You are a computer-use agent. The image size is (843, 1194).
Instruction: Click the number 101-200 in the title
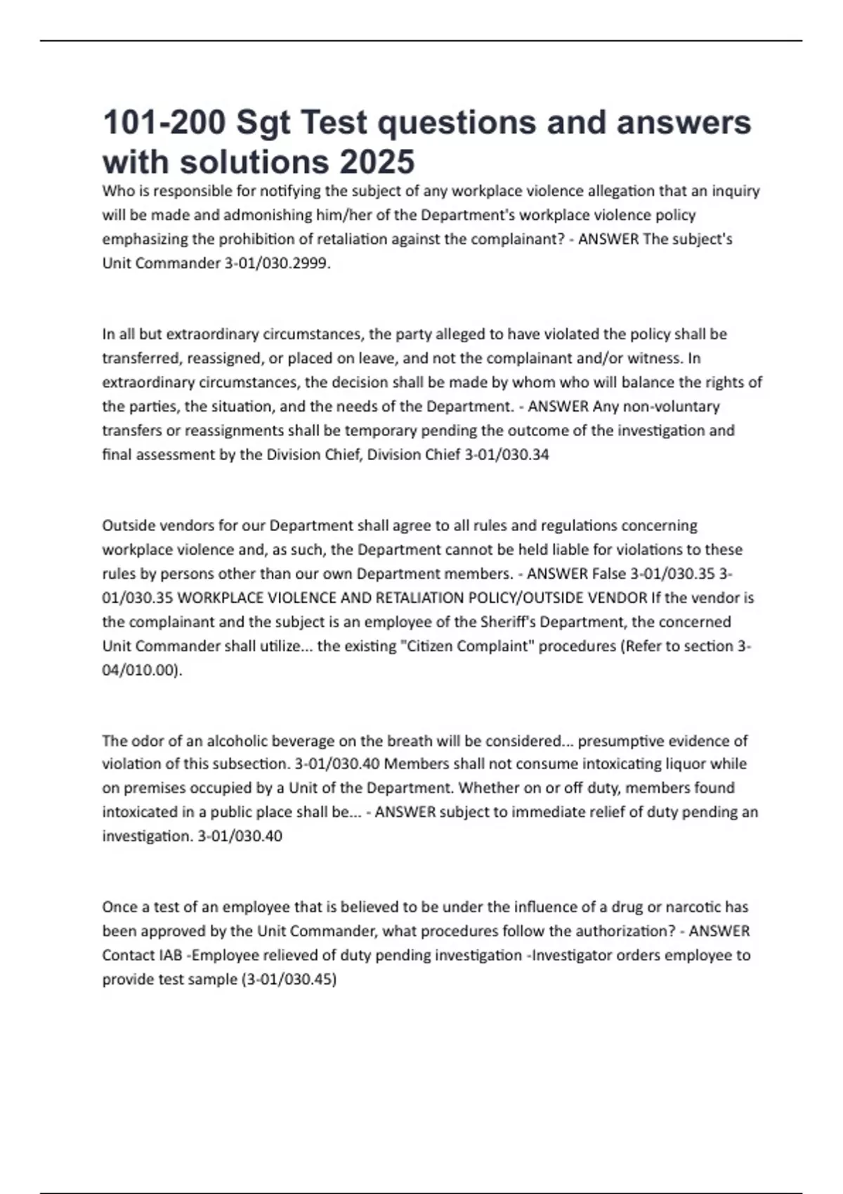[x=164, y=123]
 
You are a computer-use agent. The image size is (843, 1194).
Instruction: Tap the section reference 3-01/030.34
[x=507, y=454]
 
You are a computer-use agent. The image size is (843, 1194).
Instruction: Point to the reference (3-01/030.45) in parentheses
[x=289, y=979]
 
